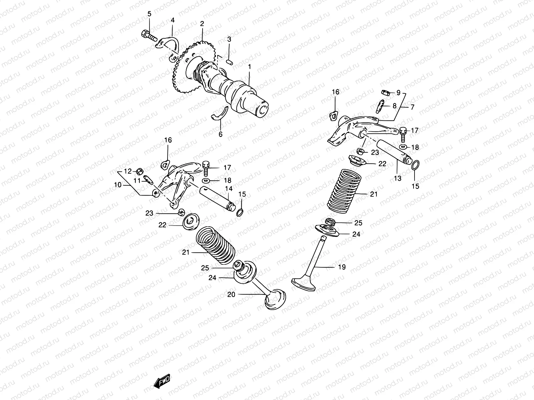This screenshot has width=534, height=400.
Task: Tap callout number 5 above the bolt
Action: pyautogui.click(x=149, y=14)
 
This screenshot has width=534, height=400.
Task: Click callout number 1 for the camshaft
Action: pyautogui.click(x=249, y=67)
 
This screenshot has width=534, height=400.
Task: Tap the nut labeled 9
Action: pyautogui.click(x=384, y=92)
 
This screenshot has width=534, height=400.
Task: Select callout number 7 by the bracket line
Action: pyautogui.click(x=412, y=107)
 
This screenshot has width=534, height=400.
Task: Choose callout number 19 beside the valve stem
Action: pyautogui.click(x=341, y=267)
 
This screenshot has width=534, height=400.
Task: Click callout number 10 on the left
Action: pyautogui.click(x=118, y=185)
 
